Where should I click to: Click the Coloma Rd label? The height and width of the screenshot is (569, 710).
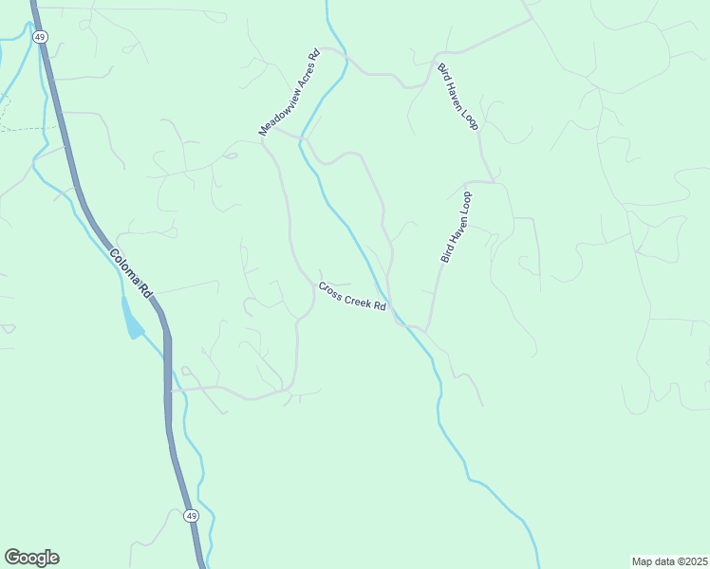click(x=131, y=274)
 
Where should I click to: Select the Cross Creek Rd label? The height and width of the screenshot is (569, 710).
click(x=353, y=298)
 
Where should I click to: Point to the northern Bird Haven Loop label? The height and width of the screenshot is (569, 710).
click(x=458, y=97)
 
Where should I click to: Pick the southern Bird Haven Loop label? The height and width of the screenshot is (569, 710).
click(x=456, y=227)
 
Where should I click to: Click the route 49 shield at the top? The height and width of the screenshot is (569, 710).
click(x=39, y=37)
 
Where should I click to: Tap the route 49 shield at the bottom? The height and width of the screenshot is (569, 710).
click(x=191, y=516)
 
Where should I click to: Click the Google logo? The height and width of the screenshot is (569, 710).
click(x=31, y=558)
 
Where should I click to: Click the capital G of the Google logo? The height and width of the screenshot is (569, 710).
click(x=13, y=558)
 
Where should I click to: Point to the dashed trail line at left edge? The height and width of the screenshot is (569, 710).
click(x=24, y=128)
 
